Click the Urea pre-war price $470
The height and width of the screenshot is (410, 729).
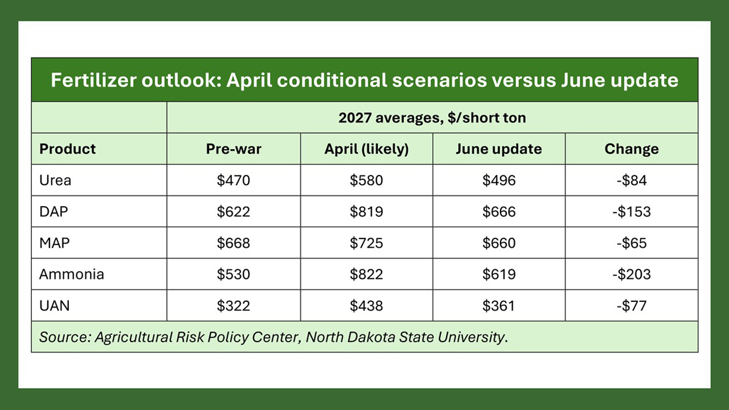pos(234,181)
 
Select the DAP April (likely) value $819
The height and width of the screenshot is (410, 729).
pos(366,212)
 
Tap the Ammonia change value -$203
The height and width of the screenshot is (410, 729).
pos(632,274)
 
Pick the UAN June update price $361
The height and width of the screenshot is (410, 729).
pos(498,306)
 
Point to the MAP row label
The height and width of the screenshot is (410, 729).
pos(54,243)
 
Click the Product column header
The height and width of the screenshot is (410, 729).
pos(67,149)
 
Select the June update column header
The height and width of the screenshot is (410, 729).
pos(498,149)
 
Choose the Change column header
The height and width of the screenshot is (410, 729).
pos(632,149)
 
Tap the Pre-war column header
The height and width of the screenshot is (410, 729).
pos(234,149)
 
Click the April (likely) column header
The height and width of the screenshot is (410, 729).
pos(366,149)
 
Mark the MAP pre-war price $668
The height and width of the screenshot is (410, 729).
pos(234,243)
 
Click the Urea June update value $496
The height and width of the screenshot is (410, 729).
pos(498,181)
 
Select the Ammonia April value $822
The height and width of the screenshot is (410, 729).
pos(366,274)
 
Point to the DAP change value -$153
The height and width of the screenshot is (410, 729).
pos(632,212)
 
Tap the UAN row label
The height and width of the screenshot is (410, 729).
pos(54,306)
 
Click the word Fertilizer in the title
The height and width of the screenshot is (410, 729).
pos(93,80)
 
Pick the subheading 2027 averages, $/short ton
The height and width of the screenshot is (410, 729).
pos(432,117)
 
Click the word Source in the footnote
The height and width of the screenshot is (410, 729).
pos(65,337)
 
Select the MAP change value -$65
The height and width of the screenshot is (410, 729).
pos(632,243)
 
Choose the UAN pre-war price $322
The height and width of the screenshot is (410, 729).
pos(234,306)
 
